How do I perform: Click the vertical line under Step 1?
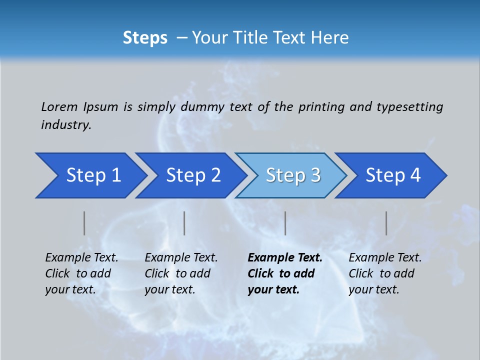coord(84,223)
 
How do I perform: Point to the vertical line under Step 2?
coord(184,223)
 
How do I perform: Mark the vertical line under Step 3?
coord(285,223)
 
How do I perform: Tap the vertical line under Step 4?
coord(386,223)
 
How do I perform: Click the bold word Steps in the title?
coord(145,38)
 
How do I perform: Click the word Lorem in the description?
coord(59,106)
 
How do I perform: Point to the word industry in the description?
coord(66,125)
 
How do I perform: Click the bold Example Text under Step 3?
coord(285,258)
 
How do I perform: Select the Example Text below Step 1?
coord(81,258)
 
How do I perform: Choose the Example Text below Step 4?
coord(385,258)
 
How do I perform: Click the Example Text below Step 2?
coord(181,258)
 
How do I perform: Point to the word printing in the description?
coord(321,106)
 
